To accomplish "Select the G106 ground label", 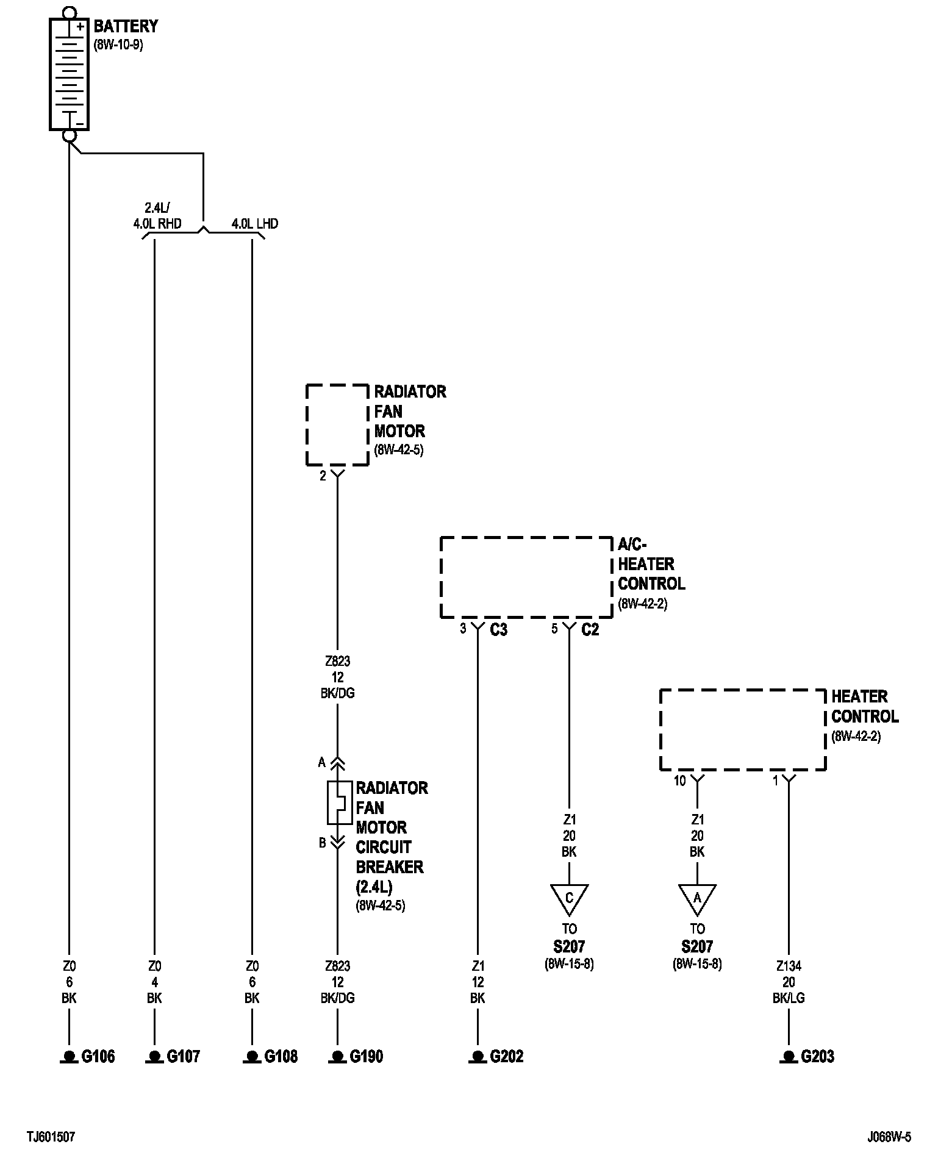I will pos(98,1057).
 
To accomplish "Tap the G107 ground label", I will pos(183,1057).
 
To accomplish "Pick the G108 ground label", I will pos(281,1057).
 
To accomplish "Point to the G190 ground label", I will pos(366,1057).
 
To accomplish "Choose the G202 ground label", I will pos(506,1057).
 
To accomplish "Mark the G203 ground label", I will pos(817,1057).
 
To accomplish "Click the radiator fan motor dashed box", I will pos(337,425).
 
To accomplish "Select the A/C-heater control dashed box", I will pos(526,577).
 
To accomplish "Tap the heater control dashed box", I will pos(742,730).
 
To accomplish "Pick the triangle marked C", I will pos(569,898).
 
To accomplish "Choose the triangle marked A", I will pos(697,898).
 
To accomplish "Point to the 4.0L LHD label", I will pos(254,224).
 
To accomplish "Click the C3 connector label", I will pos(498,630).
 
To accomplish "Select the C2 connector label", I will pos(590,630).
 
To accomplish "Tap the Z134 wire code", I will pos(789,966).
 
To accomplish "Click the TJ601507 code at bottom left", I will pos(51,1137).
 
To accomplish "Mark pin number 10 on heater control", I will pos(679,781).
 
